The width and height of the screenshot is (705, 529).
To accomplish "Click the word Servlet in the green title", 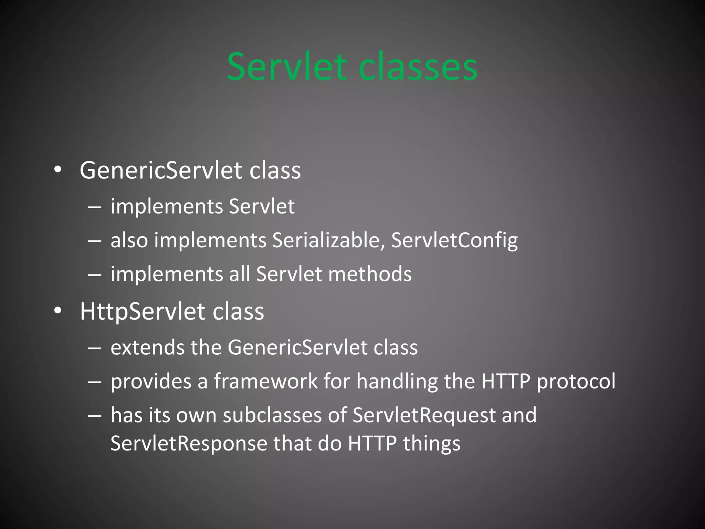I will pos(286,66).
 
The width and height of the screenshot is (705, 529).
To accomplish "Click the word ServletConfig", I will pos(454,240).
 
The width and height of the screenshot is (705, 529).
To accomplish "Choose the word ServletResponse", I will pos(189,443).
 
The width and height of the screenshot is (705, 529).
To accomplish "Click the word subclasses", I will pos(272,415).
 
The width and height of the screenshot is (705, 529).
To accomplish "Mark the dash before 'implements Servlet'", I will pos(94,207).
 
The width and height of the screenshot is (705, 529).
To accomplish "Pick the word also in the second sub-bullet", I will pos(129,240).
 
